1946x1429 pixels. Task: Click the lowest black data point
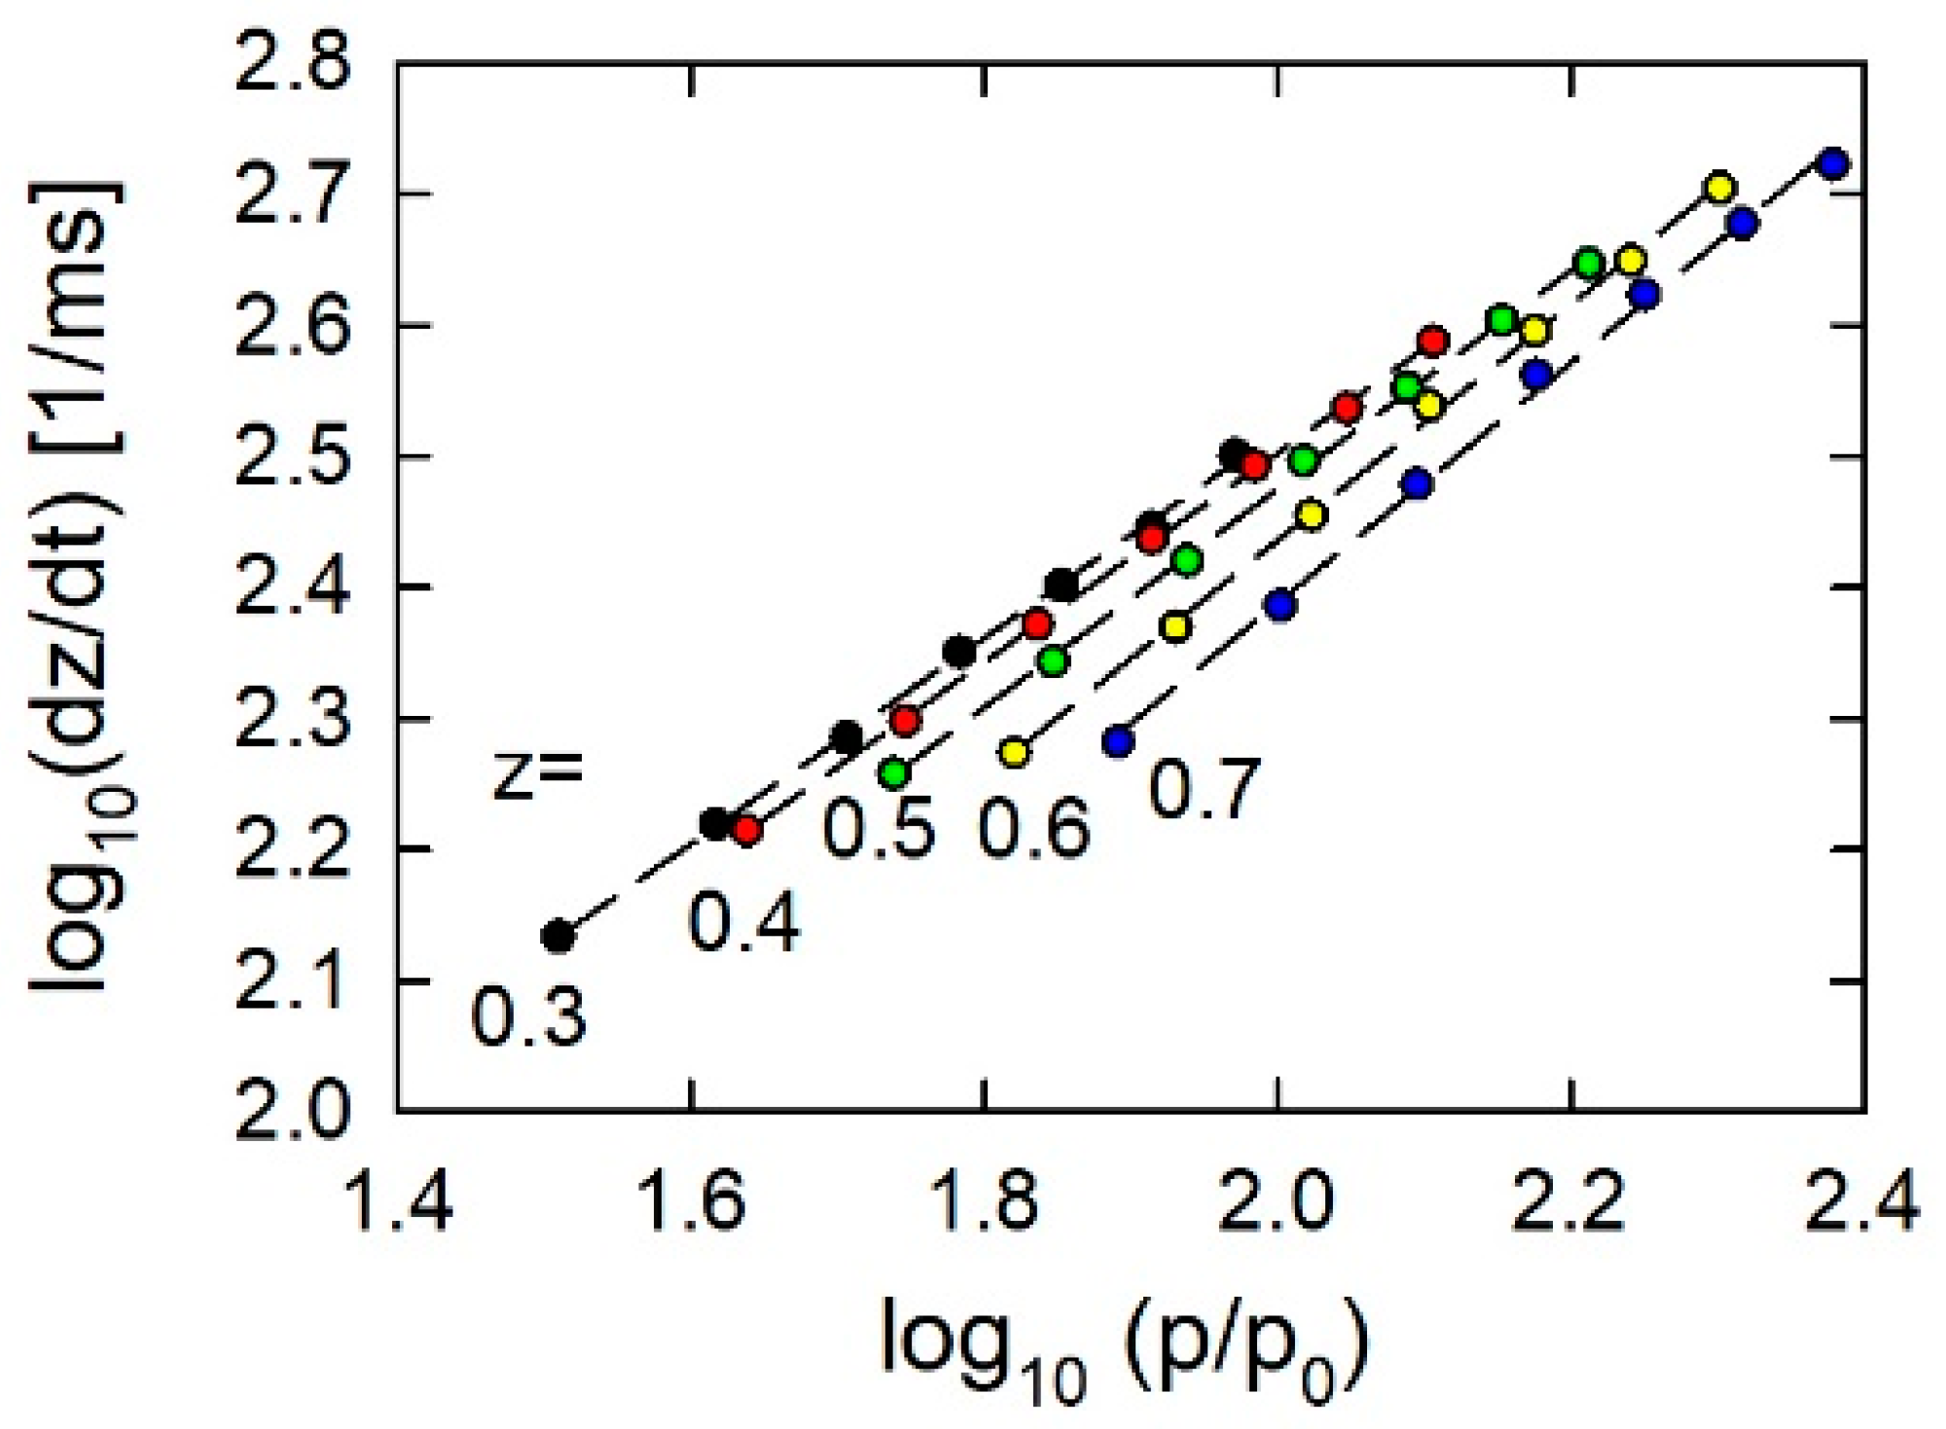click(558, 936)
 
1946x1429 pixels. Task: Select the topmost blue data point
click(1833, 162)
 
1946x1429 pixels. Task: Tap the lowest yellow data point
click(1015, 753)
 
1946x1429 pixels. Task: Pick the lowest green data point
click(893, 773)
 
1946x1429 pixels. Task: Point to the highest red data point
click(1433, 340)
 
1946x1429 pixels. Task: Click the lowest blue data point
click(1119, 741)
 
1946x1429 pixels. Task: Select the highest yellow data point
click(1720, 187)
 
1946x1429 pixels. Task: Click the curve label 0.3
click(528, 1017)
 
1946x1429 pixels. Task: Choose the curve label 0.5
click(879, 832)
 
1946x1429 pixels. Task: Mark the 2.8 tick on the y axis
click(291, 65)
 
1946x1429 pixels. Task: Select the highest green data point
click(1590, 264)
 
